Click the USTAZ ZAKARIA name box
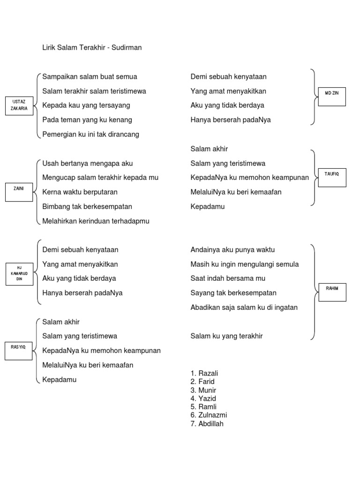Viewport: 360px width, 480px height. point(19,105)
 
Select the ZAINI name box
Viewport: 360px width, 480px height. point(19,192)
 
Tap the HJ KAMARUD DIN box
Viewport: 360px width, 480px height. point(19,274)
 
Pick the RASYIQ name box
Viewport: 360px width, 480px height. point(19,351)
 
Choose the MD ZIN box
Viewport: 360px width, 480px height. point(332,97)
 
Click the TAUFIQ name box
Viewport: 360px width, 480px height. point(332,178)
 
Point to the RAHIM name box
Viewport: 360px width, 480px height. point(332,292)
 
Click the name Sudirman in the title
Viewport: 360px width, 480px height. point(127,47)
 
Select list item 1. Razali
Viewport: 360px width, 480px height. point(204,373)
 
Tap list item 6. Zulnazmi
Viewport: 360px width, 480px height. point(209,415)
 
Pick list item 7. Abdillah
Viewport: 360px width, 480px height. point(207,424)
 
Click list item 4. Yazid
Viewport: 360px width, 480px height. point(203,398)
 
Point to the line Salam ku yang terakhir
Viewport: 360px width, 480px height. point(226,336)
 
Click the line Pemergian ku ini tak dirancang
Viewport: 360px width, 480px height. point(90,135)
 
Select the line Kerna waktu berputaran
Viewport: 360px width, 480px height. point(80,192)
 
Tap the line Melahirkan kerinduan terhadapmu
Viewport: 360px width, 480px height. point(96,221)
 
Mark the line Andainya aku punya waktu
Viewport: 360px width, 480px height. point(232,250)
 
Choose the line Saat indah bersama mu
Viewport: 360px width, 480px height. point(228,278)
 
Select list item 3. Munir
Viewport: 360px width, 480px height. point(203,390)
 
